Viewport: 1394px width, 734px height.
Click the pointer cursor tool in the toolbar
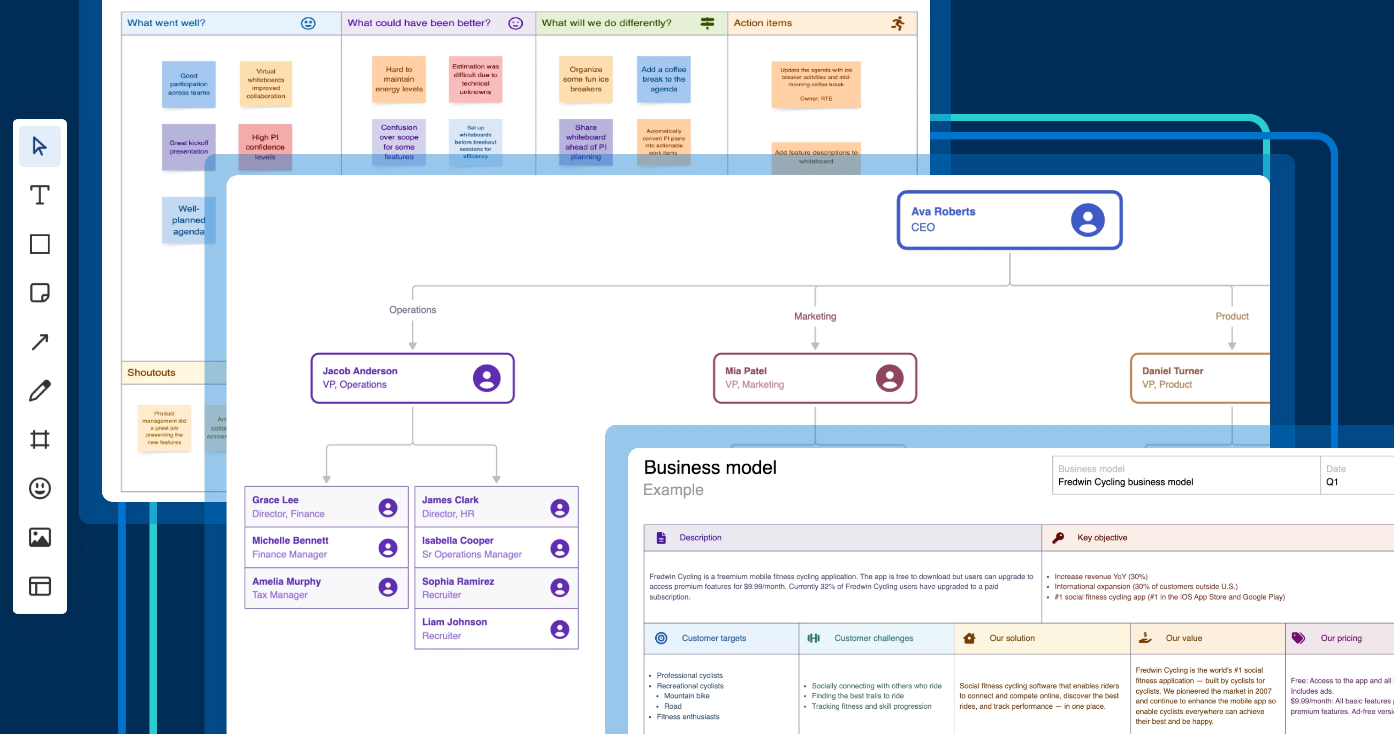[x=39, y=146]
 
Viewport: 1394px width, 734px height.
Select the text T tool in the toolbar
[x=39, y=195]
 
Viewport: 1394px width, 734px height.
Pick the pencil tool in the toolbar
[x=39, y=390]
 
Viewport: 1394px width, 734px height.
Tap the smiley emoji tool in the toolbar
[x=39, y=488]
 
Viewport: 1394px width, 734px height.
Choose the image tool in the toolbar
[x=39, y=537]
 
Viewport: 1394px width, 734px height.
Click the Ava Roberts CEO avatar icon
[x=1087, y=220]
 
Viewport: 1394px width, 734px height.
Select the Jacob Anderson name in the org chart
[x=360, y=371]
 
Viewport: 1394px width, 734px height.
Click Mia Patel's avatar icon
[x=889, y=378]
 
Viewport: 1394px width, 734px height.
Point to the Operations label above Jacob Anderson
[x=412, y=310]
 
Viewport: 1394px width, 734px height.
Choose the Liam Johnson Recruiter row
[x=496, y=628]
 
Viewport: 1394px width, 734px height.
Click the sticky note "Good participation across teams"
[x=188, y=84]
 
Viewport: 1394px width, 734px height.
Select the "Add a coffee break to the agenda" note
[x=664, y=79]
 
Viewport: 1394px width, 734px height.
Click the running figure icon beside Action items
[x=898, y=23]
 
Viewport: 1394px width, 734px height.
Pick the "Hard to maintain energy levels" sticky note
[x=399, y=79]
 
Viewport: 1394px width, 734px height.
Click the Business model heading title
[x=710, y=467]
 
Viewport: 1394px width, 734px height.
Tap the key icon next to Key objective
[x=1058, y=538]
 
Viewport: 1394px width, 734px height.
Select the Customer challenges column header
[x=874, y=638]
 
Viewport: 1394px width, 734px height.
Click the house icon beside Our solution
[x=969, y=638]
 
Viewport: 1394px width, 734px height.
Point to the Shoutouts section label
[x=151, y=373]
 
